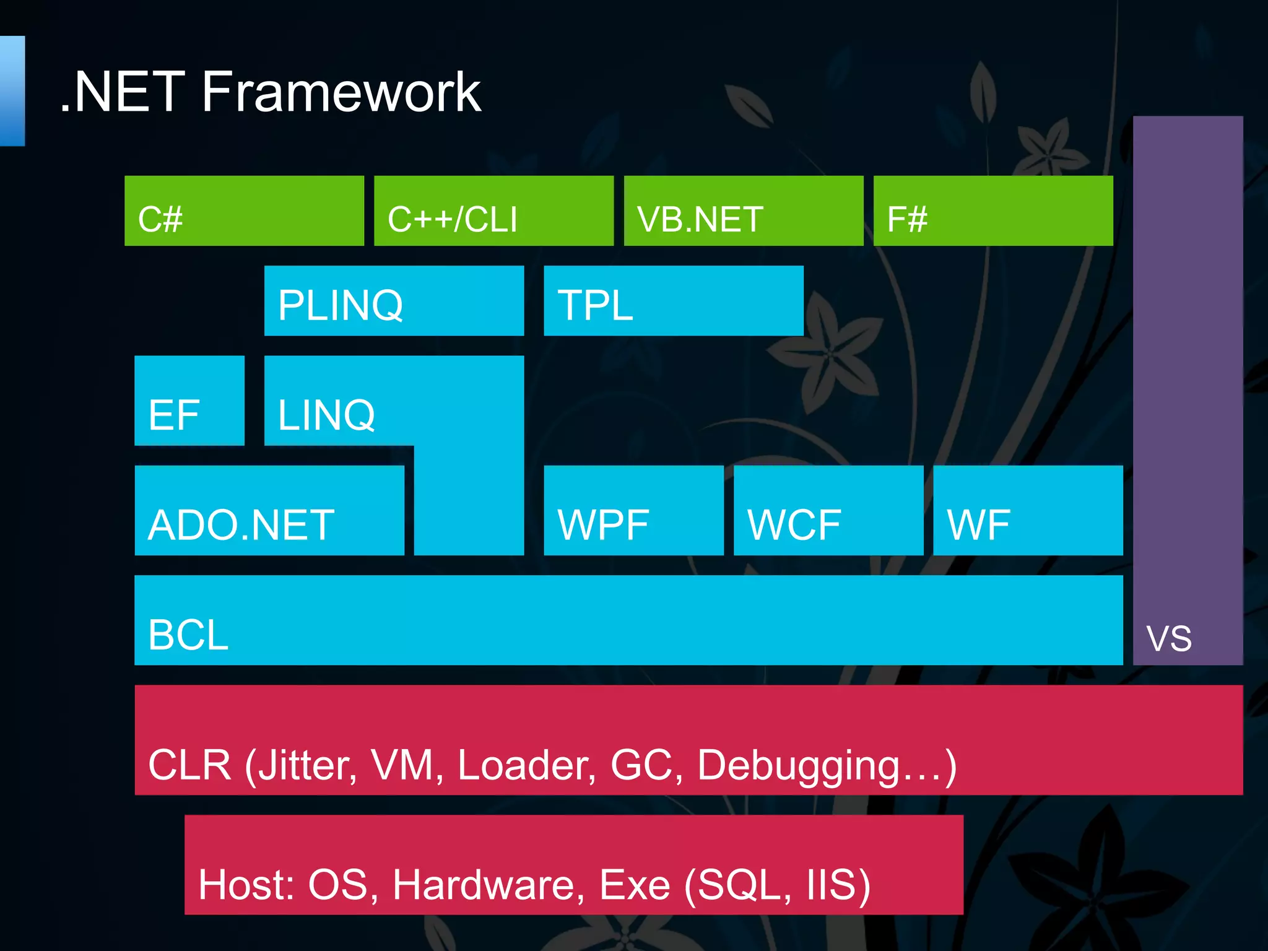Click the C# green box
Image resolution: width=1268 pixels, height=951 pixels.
(x=244, y=211)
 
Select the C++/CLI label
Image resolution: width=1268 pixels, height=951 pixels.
(x=452, y=219)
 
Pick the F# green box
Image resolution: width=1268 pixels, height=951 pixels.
(x=992, y=211)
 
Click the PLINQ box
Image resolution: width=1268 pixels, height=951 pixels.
(x=394, y=301)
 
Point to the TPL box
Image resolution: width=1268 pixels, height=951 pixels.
(x=673, y=301)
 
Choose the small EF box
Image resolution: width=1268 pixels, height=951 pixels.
(x=189, y=401)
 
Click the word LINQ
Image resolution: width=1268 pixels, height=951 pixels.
(x=326, y=415)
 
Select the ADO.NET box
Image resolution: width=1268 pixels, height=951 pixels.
(x=269, y=510)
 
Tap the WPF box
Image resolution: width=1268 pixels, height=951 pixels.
(x=633, y=510)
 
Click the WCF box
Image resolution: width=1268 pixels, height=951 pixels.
(x=828, y=510)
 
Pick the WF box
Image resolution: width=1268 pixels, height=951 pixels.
(x=1027, y=510)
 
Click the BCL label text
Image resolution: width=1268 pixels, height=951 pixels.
(x=188, y=635)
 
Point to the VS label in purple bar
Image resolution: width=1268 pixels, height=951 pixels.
(x=1168, y=639)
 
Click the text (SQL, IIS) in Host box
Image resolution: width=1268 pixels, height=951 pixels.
(x=777, y=885)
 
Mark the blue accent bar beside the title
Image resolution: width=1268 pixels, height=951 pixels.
(x=12, y=91)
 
